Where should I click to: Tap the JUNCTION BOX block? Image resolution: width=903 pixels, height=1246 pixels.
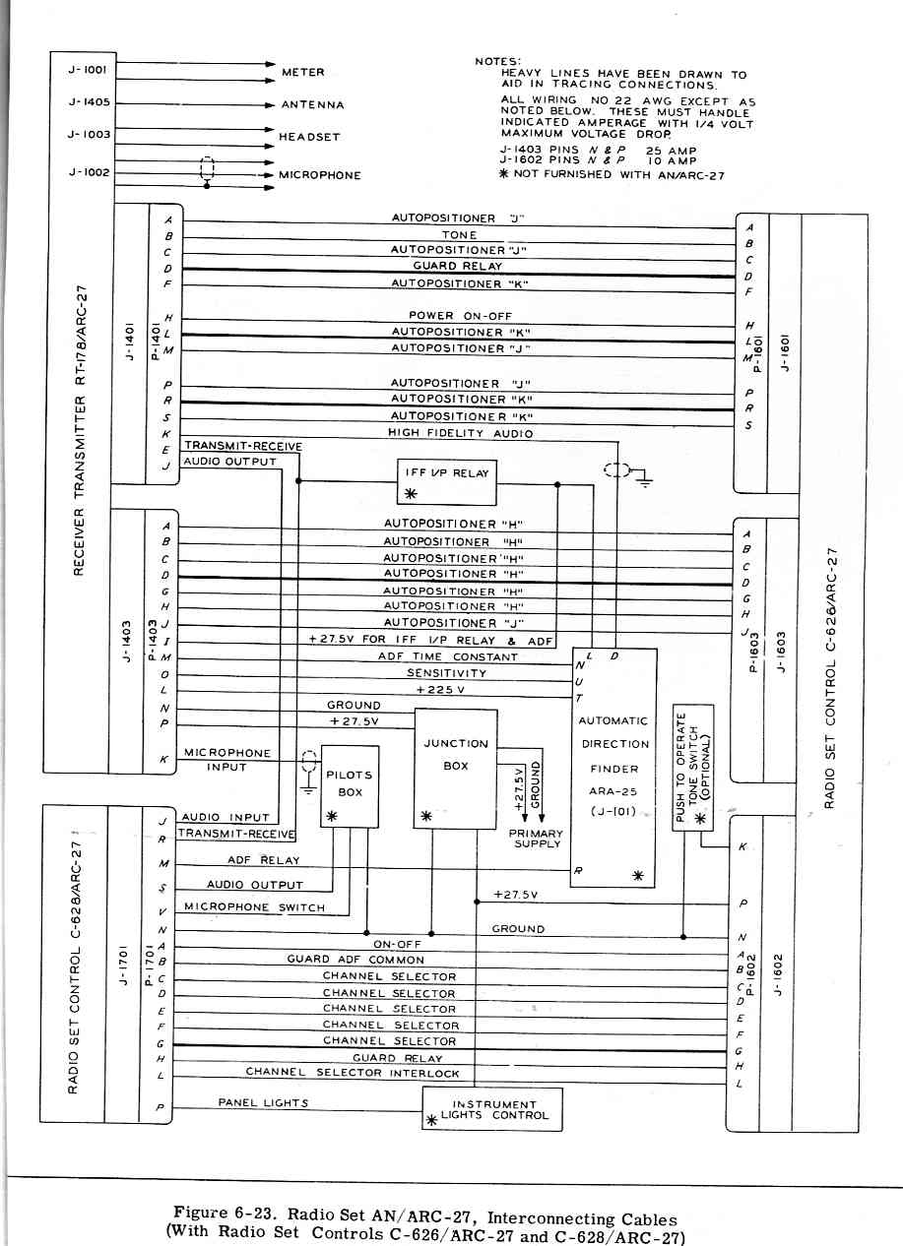point(455,779)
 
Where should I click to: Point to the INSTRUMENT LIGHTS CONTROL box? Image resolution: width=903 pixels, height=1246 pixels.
point(492,1110)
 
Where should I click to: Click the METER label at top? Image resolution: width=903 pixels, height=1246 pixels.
point(302,72)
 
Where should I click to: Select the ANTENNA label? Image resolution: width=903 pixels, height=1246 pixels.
point(312,104)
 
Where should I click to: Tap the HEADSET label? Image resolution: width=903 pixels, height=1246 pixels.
point(309,137)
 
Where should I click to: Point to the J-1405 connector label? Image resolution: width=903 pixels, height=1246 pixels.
point(90,101)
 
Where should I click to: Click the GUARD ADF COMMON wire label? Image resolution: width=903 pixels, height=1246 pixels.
point(355,960)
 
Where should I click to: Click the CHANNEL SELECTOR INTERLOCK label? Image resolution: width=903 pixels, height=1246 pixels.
point(353,1073)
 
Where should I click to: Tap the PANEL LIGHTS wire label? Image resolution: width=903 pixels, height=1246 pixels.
point(263,1103)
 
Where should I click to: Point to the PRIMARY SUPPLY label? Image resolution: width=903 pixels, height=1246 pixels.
point(536,839)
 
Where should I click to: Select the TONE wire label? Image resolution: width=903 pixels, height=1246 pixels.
point(459,235)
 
